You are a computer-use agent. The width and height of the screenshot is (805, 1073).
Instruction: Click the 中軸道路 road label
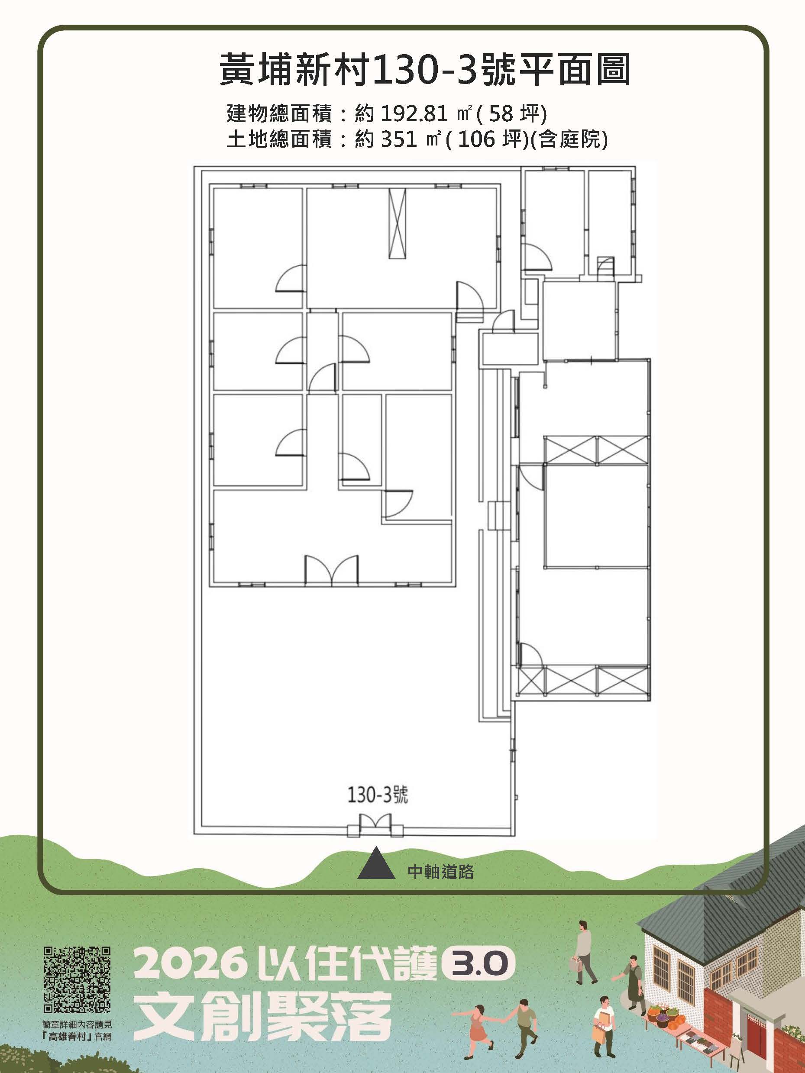pyautogui.click(x=440, y=872)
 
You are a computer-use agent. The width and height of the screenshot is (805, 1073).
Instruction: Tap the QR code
pyautogui.click(x=77, y=976)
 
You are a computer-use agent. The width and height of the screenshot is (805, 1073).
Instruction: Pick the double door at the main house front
pyautogui.click(x=332, y=570)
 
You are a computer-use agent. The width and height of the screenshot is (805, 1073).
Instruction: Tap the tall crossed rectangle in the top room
pyautogui.click(x=397, y=223)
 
